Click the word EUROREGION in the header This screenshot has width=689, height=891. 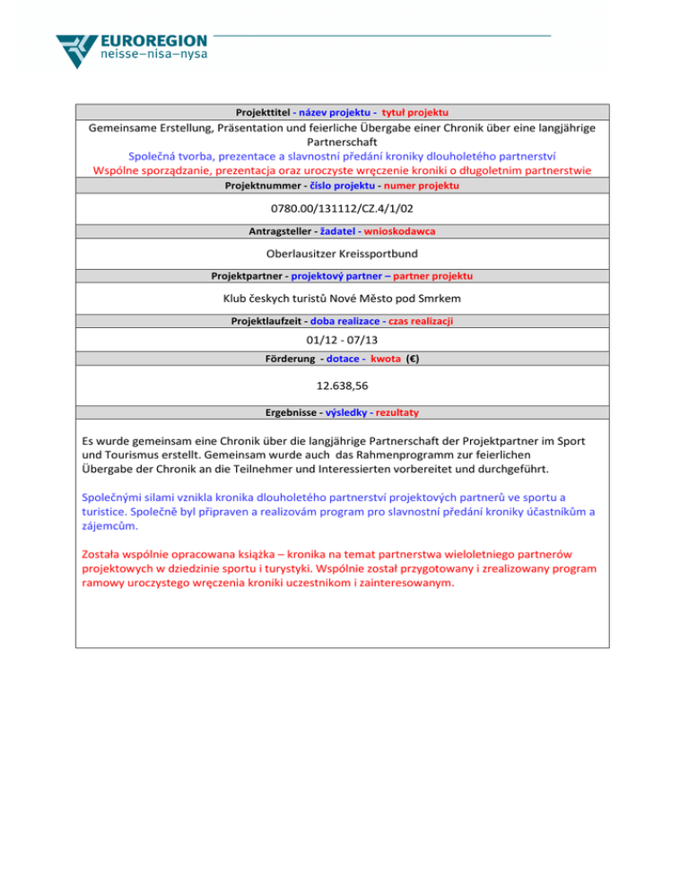coord(155,42)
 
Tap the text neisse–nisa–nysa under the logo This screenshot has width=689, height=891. coord(154,62)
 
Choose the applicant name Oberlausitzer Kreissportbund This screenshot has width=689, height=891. coord(344,254)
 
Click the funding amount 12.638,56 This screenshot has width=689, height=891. coord(344,386)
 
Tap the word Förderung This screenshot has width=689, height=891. coord(282,359)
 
